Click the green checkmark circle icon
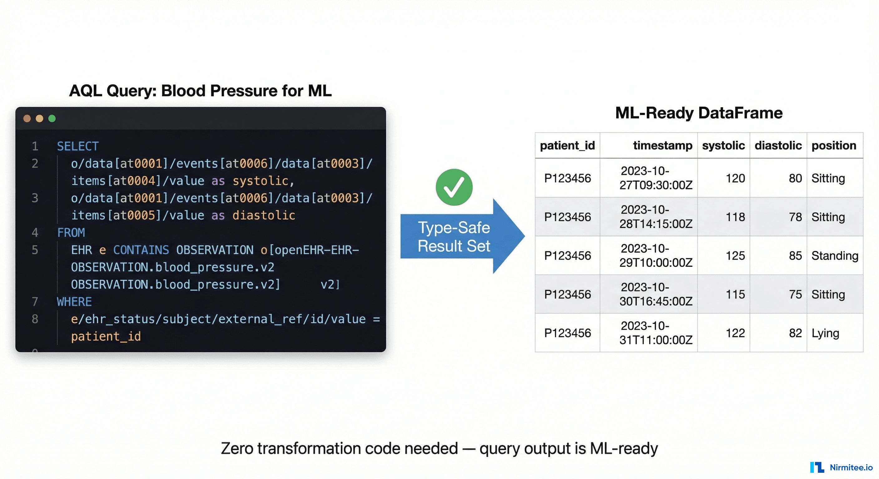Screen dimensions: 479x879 pyautogui.click(x=454, y=187)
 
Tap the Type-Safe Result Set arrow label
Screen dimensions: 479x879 pyautogui.click(x=454, y=237)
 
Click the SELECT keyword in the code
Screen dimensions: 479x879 pyautogui.click(x=78, y=146)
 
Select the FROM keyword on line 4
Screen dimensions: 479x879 pyautogui.click(x=71, y=233)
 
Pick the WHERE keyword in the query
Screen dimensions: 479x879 pyautogui.click(x=74, y=302)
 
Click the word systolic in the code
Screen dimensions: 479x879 pyautogui.click(x=261, y=181)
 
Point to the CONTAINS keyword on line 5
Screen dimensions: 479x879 pyautogui.click(x=141, y=250)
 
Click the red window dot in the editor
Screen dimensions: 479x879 pyautogui.click(x=27, y=118)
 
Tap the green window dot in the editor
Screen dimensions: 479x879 pyautogui.click(x=52, y=118)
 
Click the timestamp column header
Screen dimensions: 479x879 pyautogui.click(x=662, y=146)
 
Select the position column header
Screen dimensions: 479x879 pyautogui.click(x=834, y=146)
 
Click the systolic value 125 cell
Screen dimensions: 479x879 pyautogui.click(x=735, y=256)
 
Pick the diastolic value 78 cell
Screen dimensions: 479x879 pyautogui.click(x=795, y=217)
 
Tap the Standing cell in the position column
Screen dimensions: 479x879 pyautogui.click(x=834, y=256)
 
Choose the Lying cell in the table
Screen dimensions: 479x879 pyautogui.click(x=825, y=333)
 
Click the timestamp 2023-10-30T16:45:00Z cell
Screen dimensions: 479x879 pyautogui.click(x=655, y=294)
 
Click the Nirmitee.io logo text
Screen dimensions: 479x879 pyautogui.click(x=851, y=467)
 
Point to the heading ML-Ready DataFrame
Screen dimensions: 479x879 pyautogui.click(x=699, y=113)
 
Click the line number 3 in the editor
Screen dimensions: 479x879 pyautogui.click(x=35, y=198)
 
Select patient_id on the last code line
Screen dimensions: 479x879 pyautogui.click(x=106, y=336)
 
